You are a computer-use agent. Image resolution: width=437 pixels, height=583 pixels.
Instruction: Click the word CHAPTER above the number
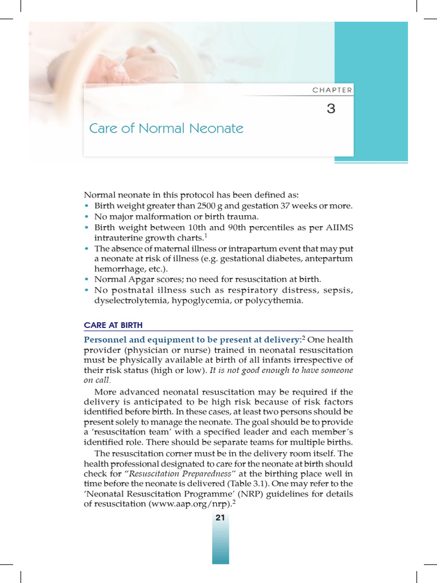(332, 90)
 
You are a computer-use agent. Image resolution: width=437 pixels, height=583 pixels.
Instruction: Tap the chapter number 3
(331, 109)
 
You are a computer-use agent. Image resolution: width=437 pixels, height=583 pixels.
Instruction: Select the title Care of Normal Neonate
(166, 128)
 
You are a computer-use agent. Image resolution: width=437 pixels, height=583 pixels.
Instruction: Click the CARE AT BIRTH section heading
(113, 325)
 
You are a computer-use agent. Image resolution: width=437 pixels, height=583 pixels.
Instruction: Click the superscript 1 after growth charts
(205, 235)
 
